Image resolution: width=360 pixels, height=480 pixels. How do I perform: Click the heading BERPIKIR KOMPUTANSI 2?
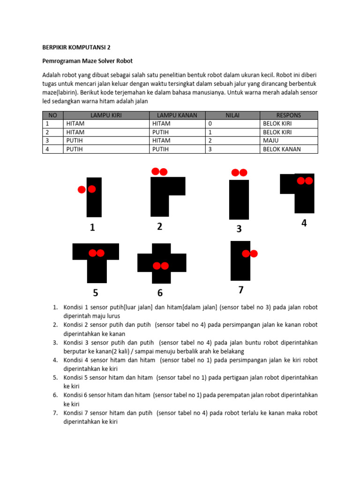[76, 47]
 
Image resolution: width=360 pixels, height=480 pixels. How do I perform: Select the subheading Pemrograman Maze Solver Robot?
[88, 61]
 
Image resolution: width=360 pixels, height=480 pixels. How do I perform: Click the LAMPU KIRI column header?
[106, 115]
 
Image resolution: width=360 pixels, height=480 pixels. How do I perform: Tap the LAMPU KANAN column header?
[177, 115]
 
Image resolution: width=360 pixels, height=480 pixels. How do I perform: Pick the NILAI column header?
[232, 115]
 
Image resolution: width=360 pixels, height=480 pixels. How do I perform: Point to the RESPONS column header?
[288, 115]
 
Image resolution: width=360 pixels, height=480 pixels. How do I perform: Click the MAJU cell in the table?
[271, 141]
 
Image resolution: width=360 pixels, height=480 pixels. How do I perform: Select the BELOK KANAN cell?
[281, 149]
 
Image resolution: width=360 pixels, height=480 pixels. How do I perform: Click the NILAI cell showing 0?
[210, 124]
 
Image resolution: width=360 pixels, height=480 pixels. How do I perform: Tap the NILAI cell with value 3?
[210, 149]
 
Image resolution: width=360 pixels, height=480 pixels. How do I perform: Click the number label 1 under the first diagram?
[92, 228]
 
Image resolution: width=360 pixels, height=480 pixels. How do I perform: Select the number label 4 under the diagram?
[304, 224]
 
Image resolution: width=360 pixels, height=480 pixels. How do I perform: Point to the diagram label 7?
[240, 290]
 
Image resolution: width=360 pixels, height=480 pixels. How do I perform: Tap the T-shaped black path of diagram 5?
[96, 267]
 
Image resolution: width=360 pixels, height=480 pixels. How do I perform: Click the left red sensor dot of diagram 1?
[82, 189]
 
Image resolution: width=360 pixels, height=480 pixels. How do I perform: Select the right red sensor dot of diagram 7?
[254, 254]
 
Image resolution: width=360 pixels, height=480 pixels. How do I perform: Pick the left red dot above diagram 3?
[235, 173]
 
